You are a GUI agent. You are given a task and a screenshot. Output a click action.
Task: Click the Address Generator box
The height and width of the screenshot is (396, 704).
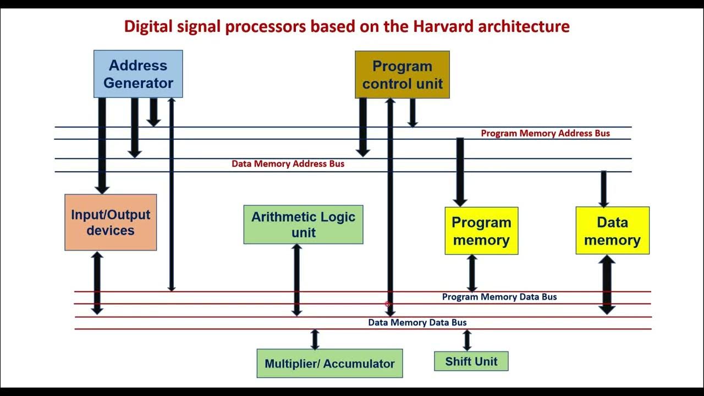[x=138, y=74]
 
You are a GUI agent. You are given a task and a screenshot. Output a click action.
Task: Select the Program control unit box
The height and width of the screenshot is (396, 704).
[x=402, y=75]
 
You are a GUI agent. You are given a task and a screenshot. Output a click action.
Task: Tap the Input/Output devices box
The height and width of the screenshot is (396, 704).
[x=111, y=222]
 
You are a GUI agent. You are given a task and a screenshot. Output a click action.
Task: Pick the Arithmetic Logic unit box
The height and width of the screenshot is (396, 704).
[x=303, y=224]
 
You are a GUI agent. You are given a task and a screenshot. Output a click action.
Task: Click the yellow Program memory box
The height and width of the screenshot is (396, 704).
[x=481, y=231]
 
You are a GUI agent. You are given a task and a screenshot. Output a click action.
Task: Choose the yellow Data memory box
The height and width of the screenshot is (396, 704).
[x=612, y=231]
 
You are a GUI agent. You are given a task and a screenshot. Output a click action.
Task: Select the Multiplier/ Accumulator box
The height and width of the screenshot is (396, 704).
[x=329, y=364]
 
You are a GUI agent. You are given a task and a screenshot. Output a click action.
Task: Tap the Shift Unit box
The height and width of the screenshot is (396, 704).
[x=471, y=361]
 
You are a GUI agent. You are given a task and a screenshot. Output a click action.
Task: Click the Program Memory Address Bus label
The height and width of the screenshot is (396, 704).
[x=545, y=133]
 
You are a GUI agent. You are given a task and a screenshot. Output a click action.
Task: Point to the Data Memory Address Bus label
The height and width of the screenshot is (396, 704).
[x=288, y=164]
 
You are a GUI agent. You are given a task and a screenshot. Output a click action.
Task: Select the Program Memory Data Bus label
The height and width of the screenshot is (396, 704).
[x=499, y=297]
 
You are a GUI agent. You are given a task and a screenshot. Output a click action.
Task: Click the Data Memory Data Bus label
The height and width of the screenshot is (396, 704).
[x=417, y=322]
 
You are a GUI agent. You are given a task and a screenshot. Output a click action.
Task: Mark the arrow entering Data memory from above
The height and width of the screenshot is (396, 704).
[x=603, y=189]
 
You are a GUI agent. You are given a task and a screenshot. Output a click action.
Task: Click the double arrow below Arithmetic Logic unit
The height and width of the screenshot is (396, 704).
[x=296, y=280]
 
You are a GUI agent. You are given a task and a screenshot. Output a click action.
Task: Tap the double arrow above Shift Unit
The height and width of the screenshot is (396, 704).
[x=467, y=340]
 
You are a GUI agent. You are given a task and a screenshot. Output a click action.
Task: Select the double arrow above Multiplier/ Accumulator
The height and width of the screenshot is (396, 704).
[x=315, y=339]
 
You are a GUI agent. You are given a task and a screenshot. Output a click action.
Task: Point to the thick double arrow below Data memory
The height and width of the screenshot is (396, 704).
[x=607, y=284]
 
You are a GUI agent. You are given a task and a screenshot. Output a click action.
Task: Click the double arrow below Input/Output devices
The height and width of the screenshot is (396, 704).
[x=97, y=283]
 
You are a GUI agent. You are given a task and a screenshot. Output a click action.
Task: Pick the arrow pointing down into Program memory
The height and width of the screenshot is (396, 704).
[x=460, y=172]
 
